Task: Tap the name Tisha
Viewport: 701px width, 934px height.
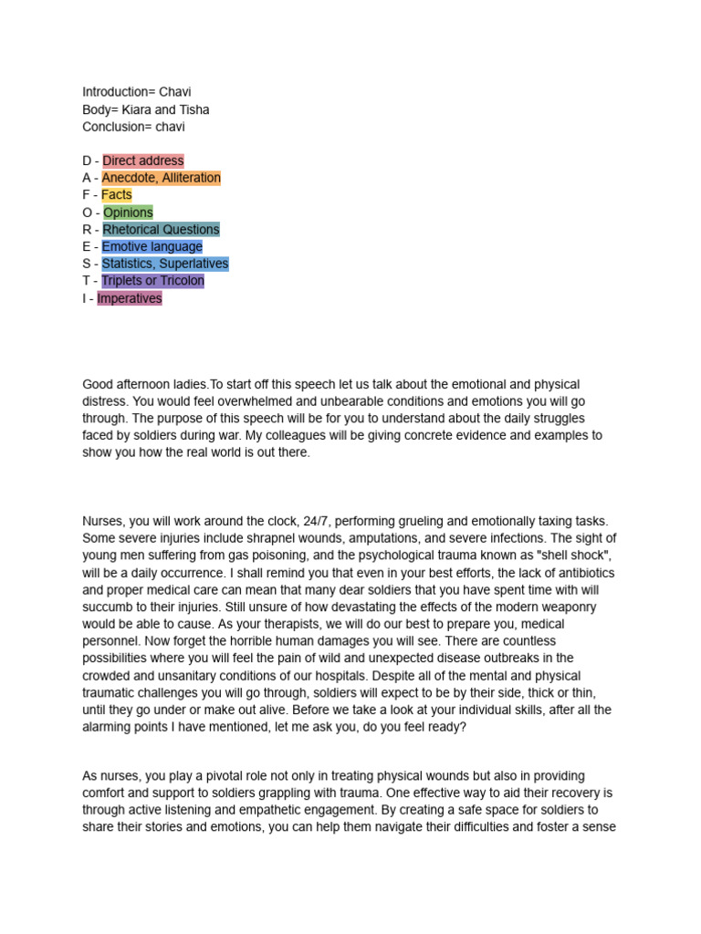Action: pos(194,109)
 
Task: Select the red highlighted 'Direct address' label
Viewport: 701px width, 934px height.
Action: pos(143,161)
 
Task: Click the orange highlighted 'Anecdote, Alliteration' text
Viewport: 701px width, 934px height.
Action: pos(161,178)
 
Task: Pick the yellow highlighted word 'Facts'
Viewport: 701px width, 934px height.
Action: pos(117,195)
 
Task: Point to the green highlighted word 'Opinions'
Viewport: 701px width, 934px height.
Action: pos(128,213)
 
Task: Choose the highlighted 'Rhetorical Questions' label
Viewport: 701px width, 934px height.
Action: pos(161,230)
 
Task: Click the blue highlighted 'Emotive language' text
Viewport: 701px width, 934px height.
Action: pos(152,247)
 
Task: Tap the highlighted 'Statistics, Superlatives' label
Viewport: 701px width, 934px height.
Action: pos(165,265)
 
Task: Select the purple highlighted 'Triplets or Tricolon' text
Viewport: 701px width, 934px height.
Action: pos(153,281)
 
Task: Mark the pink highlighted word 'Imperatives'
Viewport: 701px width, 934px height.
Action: pos(130,298)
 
